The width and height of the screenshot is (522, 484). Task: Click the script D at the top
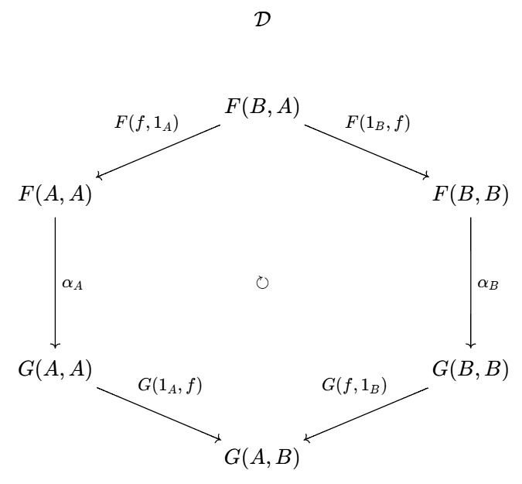pyautogui.click(x=262, y=19)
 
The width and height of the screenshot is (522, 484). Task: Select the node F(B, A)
pyautogui.click(x=262, y=107)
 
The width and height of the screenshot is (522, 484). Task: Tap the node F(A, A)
pyautogui.click(x=55, y=194)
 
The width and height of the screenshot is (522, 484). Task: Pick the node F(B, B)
pyautogui.click(x=470, y=194)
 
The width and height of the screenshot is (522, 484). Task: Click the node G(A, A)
pyautogui.click(x=55, y=369)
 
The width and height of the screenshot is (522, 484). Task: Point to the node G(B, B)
pyautogui.click(x=470, y=369)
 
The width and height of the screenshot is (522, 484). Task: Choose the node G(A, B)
pyautogui.click(x=262, y=457)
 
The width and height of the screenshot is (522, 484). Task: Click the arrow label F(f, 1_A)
pyautogui.click(x=146, y=123)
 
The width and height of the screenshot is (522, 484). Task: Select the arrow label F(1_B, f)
pyautogui.click(x=378, y=123)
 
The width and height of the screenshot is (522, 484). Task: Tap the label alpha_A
pyautogui.click(x=72, y=284)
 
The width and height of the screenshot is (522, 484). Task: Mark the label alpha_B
pyautogui.click(x=488, y=284)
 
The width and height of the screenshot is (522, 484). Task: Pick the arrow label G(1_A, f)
pyautogui.click(x=170, y=386)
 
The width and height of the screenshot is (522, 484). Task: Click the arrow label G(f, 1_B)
pyautogui.click(x=354, y=386)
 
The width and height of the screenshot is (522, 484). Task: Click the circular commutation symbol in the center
pyautogui.click(x=262, y=283)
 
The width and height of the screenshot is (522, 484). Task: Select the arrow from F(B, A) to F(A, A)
pyautogui.click(x=158, y=151)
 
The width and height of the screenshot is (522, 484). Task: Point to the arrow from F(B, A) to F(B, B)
pyautogui.click(x=367, y=151)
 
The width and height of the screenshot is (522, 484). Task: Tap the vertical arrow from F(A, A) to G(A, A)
pyautogui.click(x=55, y=283)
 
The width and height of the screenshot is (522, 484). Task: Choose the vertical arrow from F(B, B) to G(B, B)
pyautogui.click(x=471, y=283)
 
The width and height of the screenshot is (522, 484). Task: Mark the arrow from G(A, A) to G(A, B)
pyautogui.click(x=159, y=414)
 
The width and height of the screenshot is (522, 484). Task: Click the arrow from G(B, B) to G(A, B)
pyautogui.click(x=367, y=414)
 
